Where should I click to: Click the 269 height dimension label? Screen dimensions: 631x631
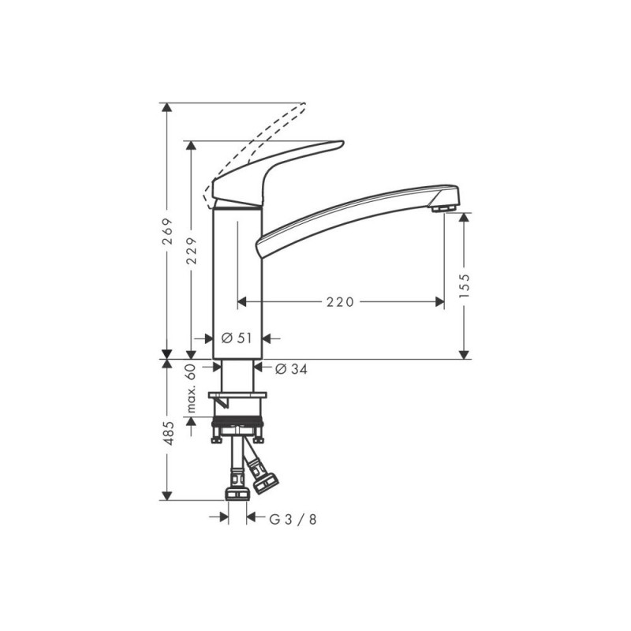167,231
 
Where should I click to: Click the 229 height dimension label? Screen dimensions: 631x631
192,251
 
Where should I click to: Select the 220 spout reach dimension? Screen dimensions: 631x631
340,302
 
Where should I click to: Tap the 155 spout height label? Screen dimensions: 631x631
465,286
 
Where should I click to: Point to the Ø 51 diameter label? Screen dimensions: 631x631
237,338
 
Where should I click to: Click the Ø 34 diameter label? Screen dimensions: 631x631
291,368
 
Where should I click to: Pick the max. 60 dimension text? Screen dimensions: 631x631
192,388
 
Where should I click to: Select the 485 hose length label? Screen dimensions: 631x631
167,433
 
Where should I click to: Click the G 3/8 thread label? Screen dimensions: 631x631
293,520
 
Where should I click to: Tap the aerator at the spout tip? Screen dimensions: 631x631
443,208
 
